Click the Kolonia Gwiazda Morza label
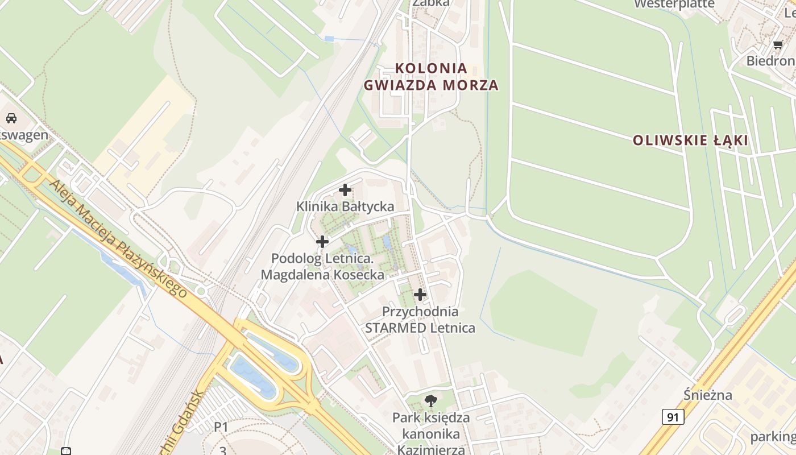tap(431, 77)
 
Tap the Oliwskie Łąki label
tap(691, 140)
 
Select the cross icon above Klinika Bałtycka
tap(345, 190)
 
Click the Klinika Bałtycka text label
tap(345, 206)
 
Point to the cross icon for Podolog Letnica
tap(322, 242)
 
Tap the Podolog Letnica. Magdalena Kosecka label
tap(322, 267)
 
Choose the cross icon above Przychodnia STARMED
tap(420, 295)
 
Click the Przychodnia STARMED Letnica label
tap(420, 320)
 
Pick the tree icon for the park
tap(431, 401)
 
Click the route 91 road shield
tap(673, 417)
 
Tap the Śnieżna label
tap(708, 395)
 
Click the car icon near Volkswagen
tap(11, 118)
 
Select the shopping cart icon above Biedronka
tap(778, 45)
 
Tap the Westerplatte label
tap(674, 4)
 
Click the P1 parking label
tap(221, 427)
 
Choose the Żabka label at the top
tap(431, 3)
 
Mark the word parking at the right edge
tap(773, 437)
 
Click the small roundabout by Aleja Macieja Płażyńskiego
tap(200, 292)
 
